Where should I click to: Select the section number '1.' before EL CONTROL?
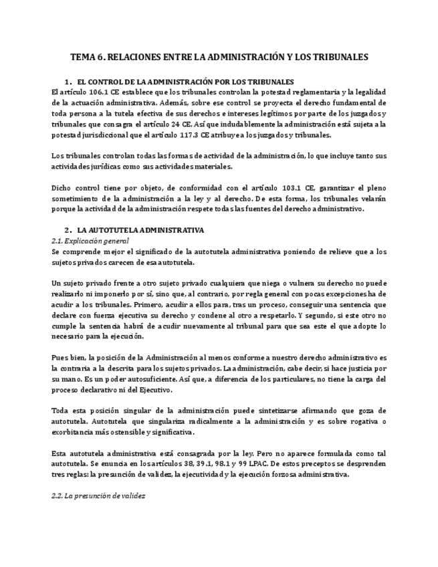click(68, 82)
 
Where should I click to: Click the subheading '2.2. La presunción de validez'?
click(98, 496)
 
